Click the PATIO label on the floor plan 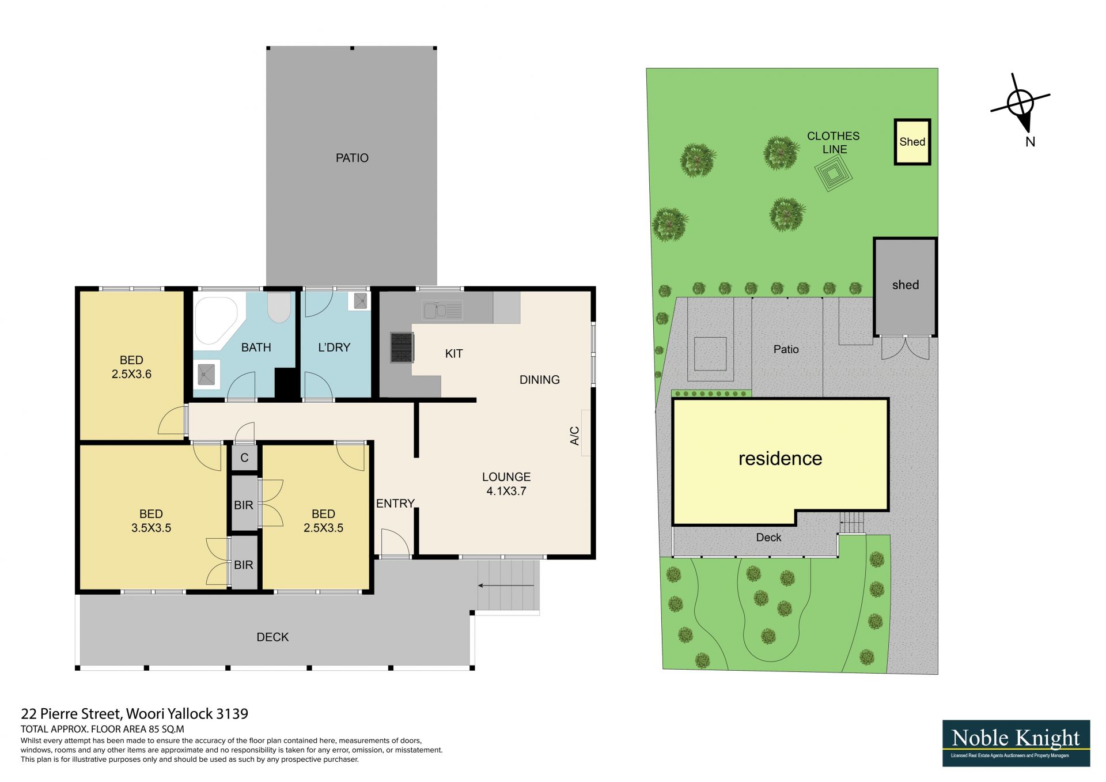coord(352,158)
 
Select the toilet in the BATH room coord(279,307)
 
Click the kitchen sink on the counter coord(442,310)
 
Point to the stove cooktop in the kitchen coord(402,347)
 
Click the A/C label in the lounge coord(574,436)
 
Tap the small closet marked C coord(244,458)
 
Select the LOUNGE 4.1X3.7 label coord(506,484)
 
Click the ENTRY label coord(395,504)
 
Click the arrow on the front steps coord(506,585)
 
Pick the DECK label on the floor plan coord(272,637)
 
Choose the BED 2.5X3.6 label coord(131,367)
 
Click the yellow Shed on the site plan coord(912,142)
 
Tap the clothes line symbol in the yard coord(831,175)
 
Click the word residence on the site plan coord(781,459)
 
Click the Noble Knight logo coord(1016,743)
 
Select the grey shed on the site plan coord(905,286)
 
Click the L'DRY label coord(334,347)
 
